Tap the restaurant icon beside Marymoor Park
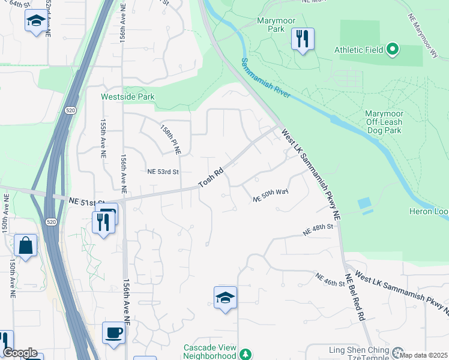pyautogui.click(x=303, y=40)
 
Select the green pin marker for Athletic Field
pyautogui.click(x=393, y=49)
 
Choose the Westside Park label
pyautogui.click(x=127, y=97)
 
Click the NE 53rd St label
pyautogui.click(x=163, y=172)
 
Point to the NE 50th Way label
pyautogui.click(x=271, y=194)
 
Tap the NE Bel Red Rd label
pyautogui.click(x=354, y=299)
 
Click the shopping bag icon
pyautogui.click(x=26, y=246)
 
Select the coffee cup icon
pyautogui.click(x=113, y=332)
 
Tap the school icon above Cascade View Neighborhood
pyautogui.click(x=225, y=298)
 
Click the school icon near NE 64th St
pyautogui.click(x=36, y=21)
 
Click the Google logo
pyautogui.click(x=20, y=353)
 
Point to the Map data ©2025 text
pyautogui.click(x=424, y=355)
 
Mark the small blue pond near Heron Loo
pyautogui.click(x=364, y=204)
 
